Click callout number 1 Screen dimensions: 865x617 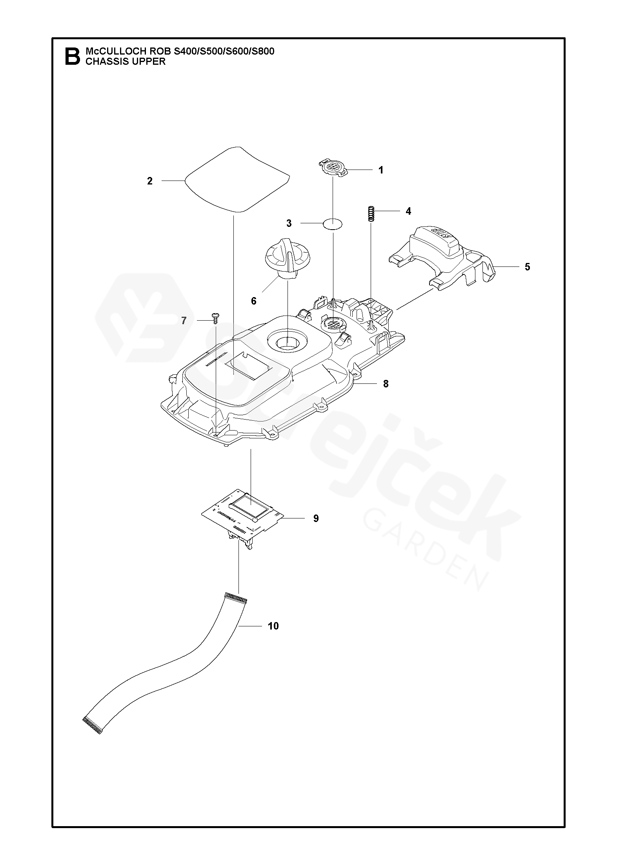380,170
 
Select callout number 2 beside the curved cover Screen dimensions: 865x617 149,181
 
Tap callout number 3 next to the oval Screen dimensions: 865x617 289,223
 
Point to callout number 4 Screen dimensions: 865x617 408,211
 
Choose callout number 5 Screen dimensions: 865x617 527,267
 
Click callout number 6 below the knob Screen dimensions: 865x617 253,301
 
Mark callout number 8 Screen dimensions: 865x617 386,384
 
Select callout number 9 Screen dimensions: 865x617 316,518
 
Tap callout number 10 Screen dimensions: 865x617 273,626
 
